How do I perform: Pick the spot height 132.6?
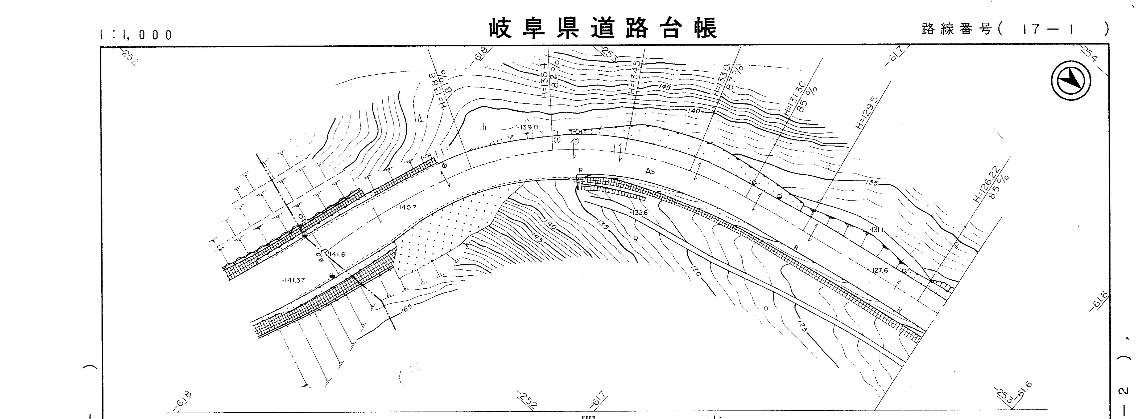click(639, 213)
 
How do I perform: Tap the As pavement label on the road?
click(650, 171)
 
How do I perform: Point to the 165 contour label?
click(406, 307)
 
